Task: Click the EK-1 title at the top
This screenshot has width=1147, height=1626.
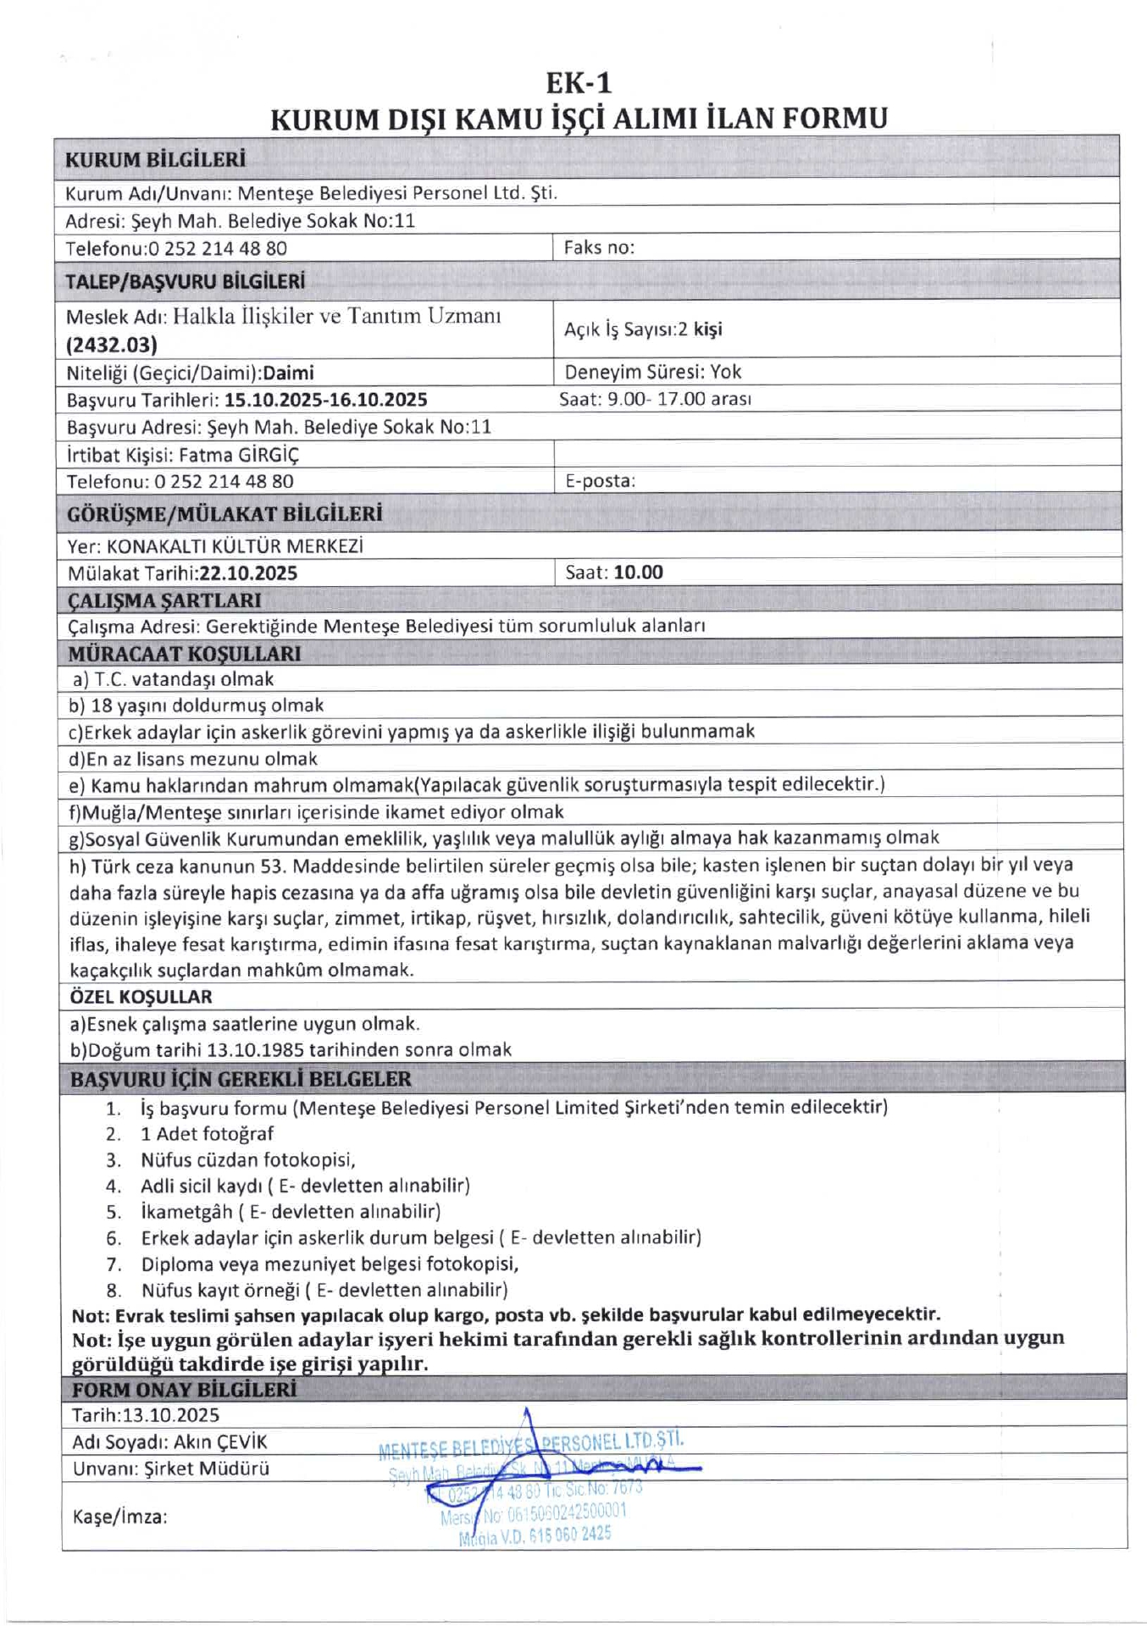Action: (x=579, y=83)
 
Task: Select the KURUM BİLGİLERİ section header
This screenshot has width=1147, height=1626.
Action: (x=156, y=159)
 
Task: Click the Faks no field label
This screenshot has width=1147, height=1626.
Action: (x=599, y=247)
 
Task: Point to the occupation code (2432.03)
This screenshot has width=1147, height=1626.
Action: (x=112, y=345)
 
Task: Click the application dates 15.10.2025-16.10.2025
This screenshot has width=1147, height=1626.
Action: (x=326, y=400)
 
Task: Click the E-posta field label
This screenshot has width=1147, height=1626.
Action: (x=600, y=481)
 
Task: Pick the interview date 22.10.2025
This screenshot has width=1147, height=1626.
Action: (x=248, y=573)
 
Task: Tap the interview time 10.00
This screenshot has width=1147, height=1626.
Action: (x=639, y=572)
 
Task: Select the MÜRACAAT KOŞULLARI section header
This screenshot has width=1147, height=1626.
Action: (x=185, y=654)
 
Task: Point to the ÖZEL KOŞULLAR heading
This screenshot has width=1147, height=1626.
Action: (x=141, y=997)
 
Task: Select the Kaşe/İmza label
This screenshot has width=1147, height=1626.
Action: (x=119, y=1517)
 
